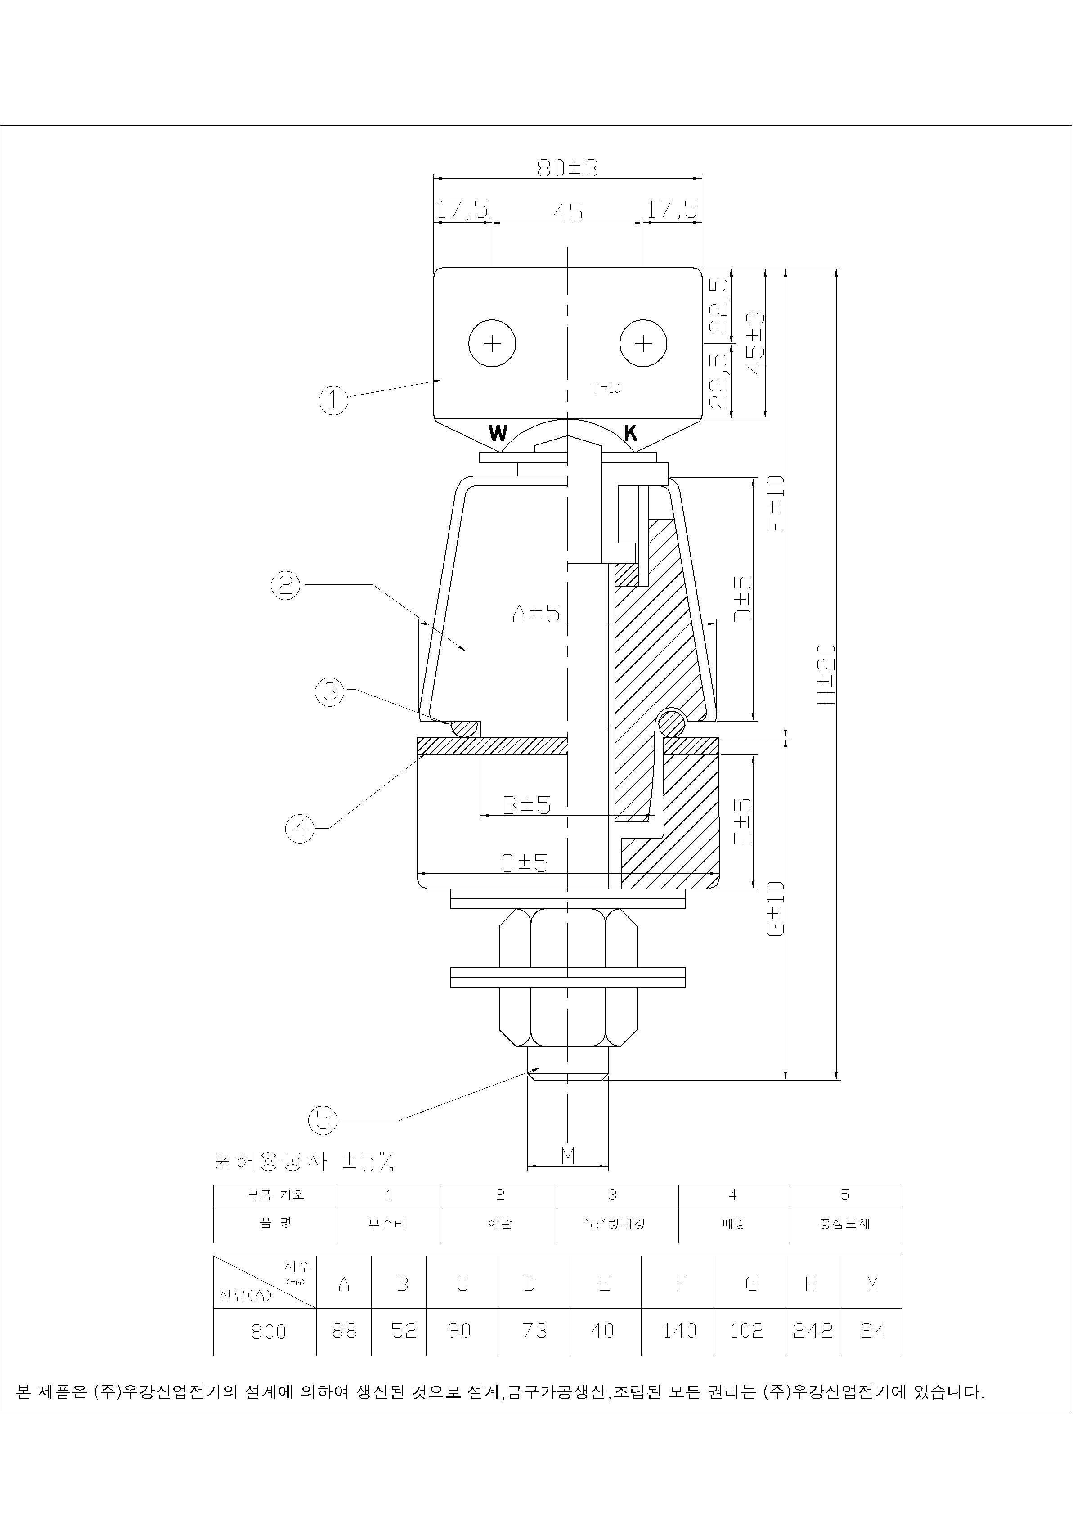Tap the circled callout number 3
[x=330, y=692]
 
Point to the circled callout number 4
[x=300, y=829]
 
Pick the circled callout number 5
[x=323, y=1121]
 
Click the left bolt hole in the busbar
[x=492, y=344]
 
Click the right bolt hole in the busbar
[x=643, y=344]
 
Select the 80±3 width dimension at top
[x=568, y=168]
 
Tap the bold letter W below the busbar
[x=498, y=433]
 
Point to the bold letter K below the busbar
[x=630, y=433]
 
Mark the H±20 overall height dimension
[x=827, y=674]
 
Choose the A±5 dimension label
[x=535, y=613]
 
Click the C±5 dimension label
[x=524, y=864]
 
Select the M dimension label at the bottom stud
[x=568, y=1156]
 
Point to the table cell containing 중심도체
[x=846, y=1224]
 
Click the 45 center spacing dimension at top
[x=568, y=213]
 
